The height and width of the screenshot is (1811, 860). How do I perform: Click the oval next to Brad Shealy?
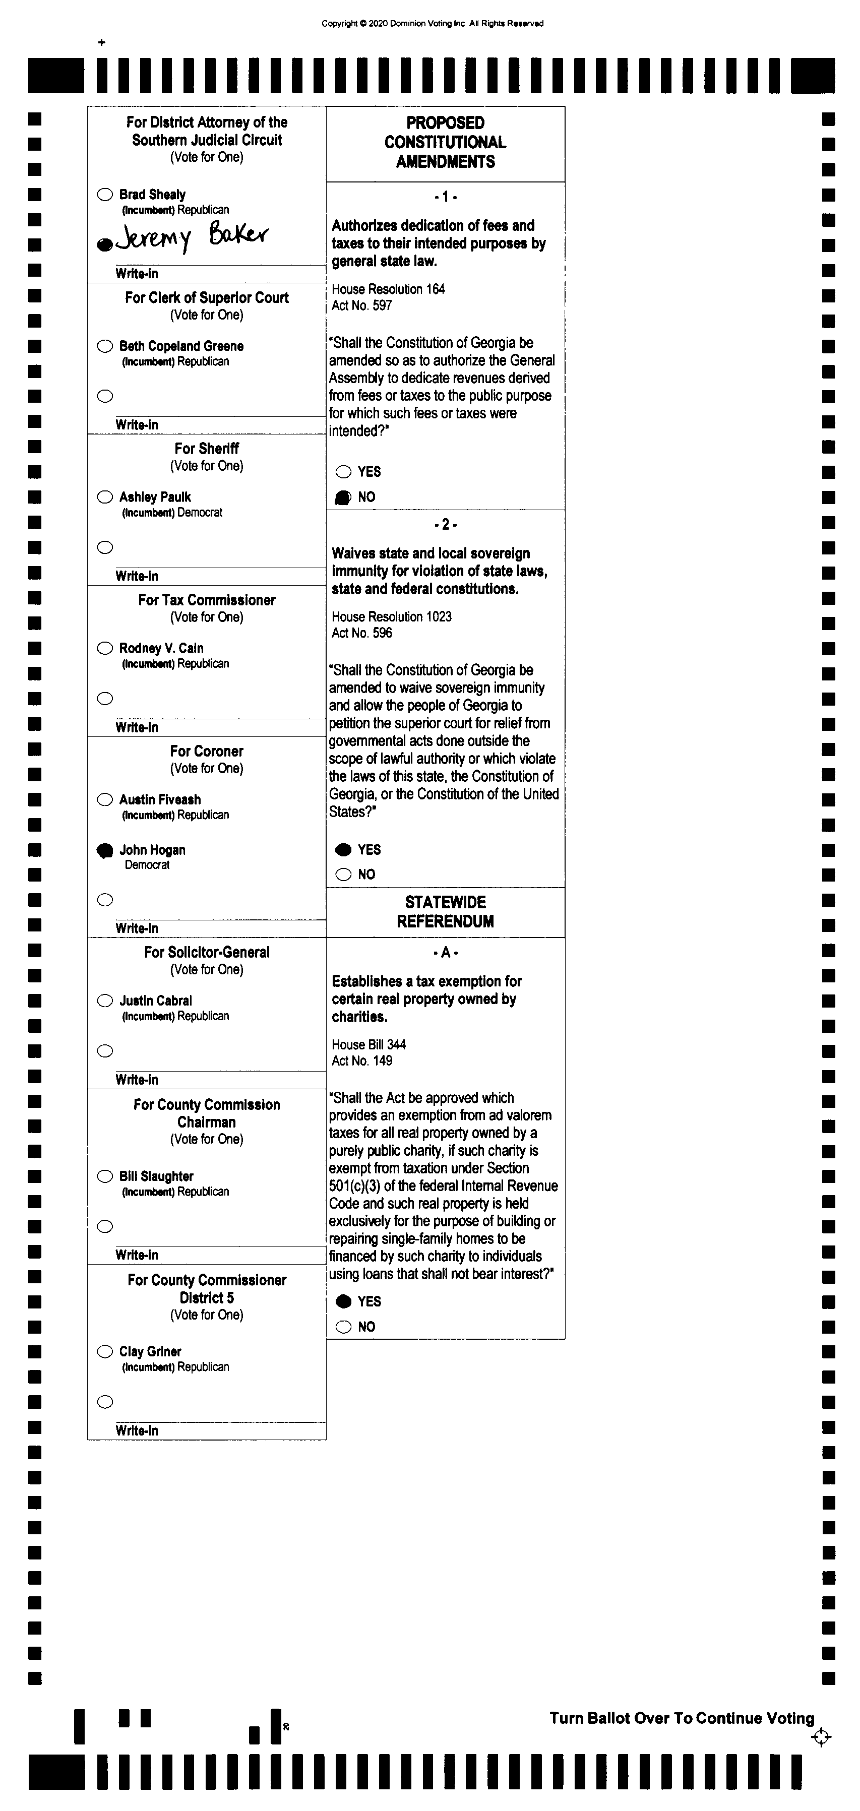pos(105,195)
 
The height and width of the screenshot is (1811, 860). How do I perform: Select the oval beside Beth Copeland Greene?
pos(105,346)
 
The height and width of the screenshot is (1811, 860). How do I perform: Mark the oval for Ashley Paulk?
pos(105,497)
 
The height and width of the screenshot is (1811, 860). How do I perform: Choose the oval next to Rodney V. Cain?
pos(105,648)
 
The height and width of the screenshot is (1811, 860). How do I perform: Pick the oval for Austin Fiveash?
pos(105,799)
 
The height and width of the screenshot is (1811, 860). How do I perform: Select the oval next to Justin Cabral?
pos(105,1001)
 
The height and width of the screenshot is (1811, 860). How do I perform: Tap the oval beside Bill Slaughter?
pos(105,1176)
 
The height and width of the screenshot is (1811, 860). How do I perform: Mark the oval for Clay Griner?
pos(105,1351)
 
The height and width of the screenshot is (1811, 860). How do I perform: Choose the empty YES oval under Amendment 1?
pos(343,472)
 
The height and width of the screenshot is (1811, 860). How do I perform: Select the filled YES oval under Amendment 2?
pos(343,849)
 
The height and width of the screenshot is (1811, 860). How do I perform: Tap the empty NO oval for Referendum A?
pos(343,1327)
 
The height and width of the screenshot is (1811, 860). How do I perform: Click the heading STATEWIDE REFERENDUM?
pos(445,912)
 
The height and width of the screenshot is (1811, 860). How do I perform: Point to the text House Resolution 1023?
pos(392,616)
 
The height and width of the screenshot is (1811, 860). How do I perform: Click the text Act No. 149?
pos(362,1061)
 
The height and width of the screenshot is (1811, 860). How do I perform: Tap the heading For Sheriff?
pos(207,449)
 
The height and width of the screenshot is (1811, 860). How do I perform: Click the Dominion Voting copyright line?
pos(433,23)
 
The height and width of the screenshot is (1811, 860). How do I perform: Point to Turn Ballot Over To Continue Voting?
pos(682,1718)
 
